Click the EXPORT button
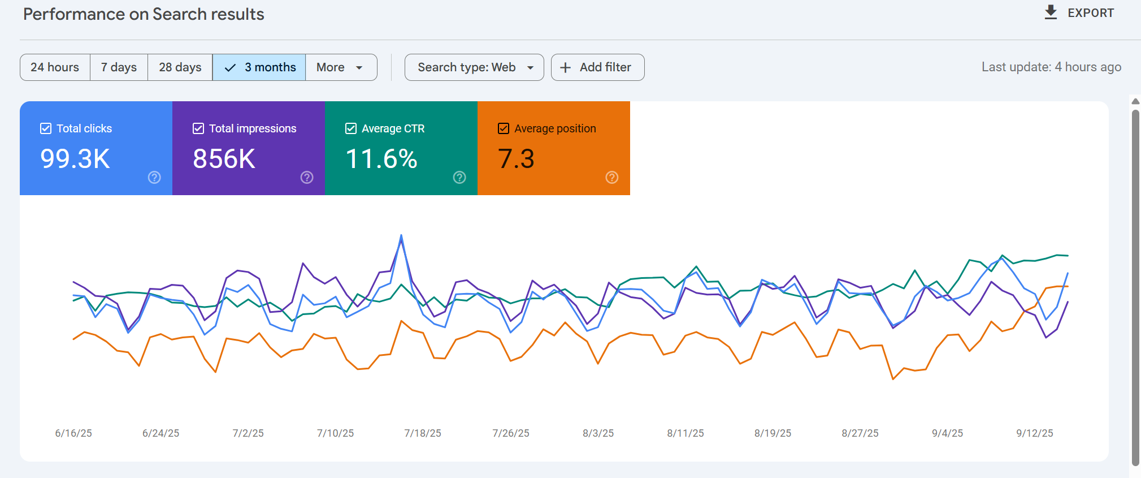(1079, 12)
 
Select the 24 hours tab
(55, 67)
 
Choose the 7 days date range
(119, 67)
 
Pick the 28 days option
(180, 67)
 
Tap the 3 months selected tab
(259, 67)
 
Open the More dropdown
(341, 67)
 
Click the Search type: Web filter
(474, 67)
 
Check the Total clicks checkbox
(46, 128)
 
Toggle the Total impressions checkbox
(198, 128)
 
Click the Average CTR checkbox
(351, 128)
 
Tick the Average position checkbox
(504, 128)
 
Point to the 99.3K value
(75, 159)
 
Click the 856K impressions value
(224, 159)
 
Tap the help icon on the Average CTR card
(459, 178)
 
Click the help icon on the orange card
(612, 178)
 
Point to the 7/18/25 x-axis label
(423, 433)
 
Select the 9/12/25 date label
(1035, 433)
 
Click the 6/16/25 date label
(73, 433)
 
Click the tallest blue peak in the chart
(401, 235)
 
